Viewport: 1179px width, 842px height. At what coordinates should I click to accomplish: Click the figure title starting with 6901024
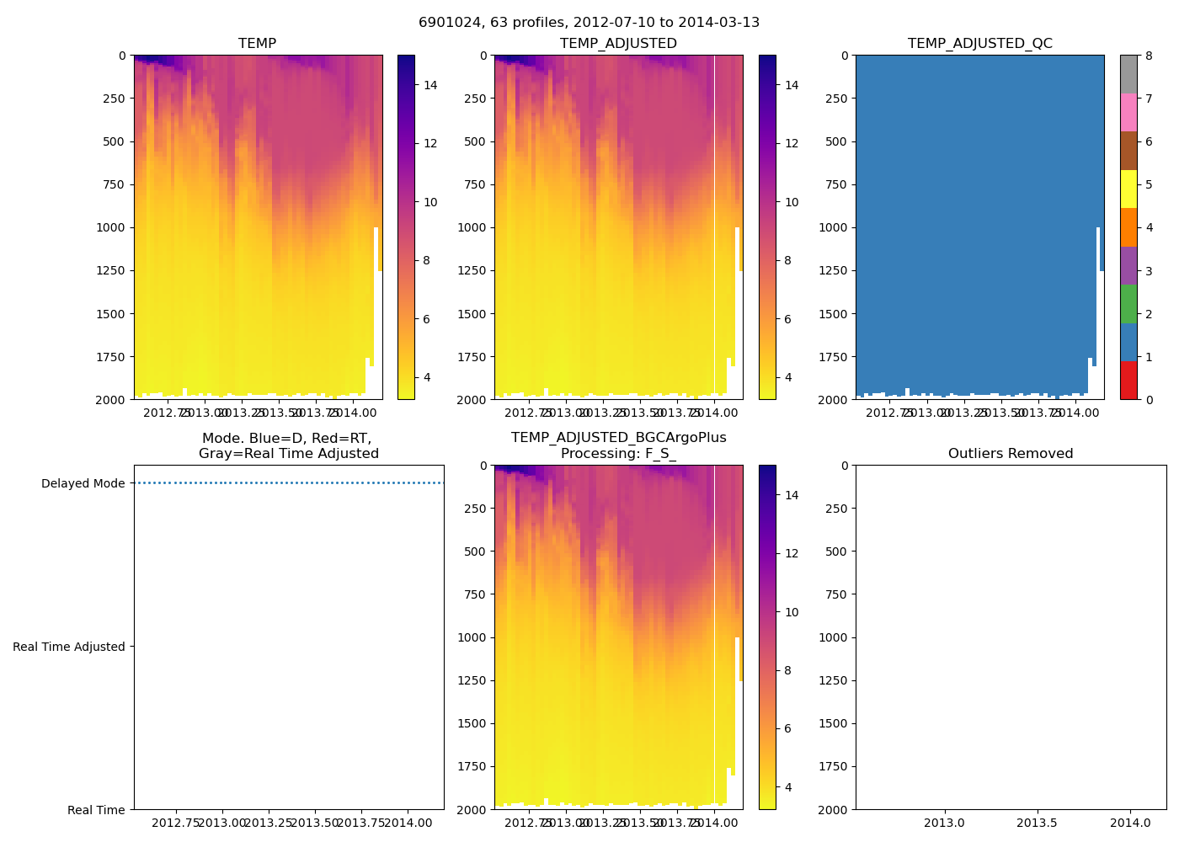[x=589, y=23]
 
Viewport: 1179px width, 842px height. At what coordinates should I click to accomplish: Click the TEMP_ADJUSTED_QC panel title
[x=979, y=44]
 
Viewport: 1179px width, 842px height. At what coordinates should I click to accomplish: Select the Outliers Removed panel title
[x=1011, y=454]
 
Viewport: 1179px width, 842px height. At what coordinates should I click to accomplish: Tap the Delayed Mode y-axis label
[x=83, y=483]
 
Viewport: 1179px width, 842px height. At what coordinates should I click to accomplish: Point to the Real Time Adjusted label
[x=69, y=647]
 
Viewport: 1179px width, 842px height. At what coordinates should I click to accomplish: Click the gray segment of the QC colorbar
[x=1128, y=74]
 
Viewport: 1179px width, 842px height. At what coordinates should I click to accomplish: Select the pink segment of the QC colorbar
[x=1128, y=112]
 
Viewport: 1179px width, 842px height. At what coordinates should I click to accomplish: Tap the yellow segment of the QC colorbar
[x=1128, y=189]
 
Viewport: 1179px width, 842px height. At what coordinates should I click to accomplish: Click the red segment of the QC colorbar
[x=1128, y=380]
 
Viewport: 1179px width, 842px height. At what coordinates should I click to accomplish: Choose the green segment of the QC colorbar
[x=1128, y=303]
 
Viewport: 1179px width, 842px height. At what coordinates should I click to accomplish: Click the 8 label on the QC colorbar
[x=1149, y=56]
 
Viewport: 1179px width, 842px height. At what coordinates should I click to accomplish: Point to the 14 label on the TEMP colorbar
[x=429, y=85]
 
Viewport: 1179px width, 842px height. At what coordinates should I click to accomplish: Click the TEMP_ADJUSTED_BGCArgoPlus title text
[x=618, y=438]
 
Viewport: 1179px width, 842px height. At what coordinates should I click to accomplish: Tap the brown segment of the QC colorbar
[x=1128, y=151]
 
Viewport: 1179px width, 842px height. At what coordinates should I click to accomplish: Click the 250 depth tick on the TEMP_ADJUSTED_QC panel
[x=836, y=99]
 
